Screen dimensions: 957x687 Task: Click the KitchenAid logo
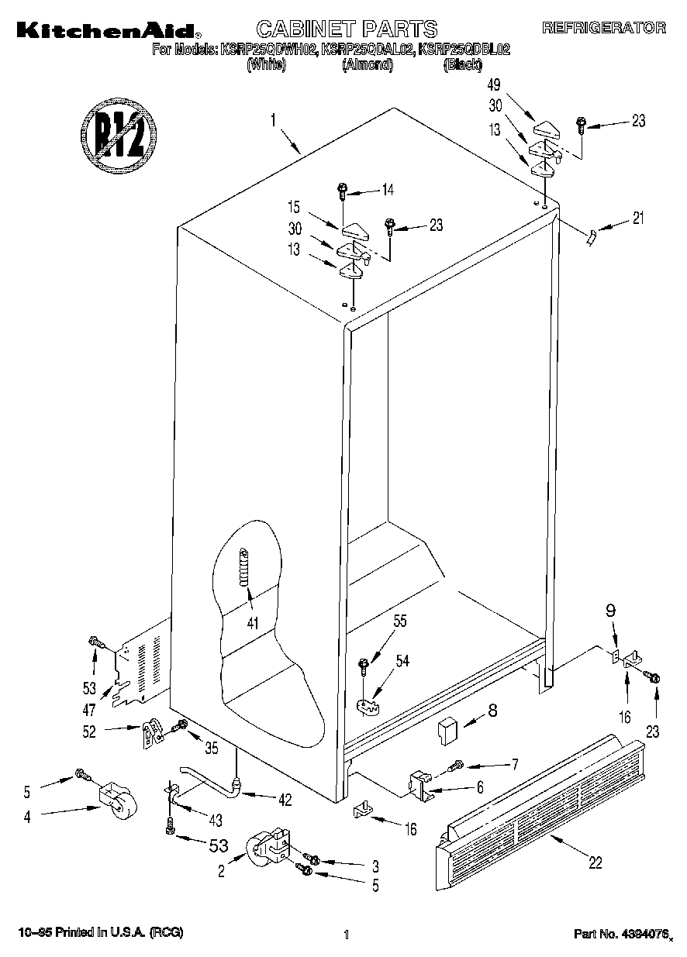click(x=105, y=30)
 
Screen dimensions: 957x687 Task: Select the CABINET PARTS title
click(x=347, y=29)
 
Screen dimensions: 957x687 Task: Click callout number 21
click(x=637, y=218)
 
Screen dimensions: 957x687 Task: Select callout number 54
click(x=403, y=660)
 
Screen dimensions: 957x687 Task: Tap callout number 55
click(x=400, y=621)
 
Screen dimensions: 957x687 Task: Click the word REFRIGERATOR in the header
click(x=603, y=28)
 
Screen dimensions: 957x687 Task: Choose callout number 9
click(x=611, y=611)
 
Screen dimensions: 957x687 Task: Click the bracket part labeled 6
click(x=419, y=783)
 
